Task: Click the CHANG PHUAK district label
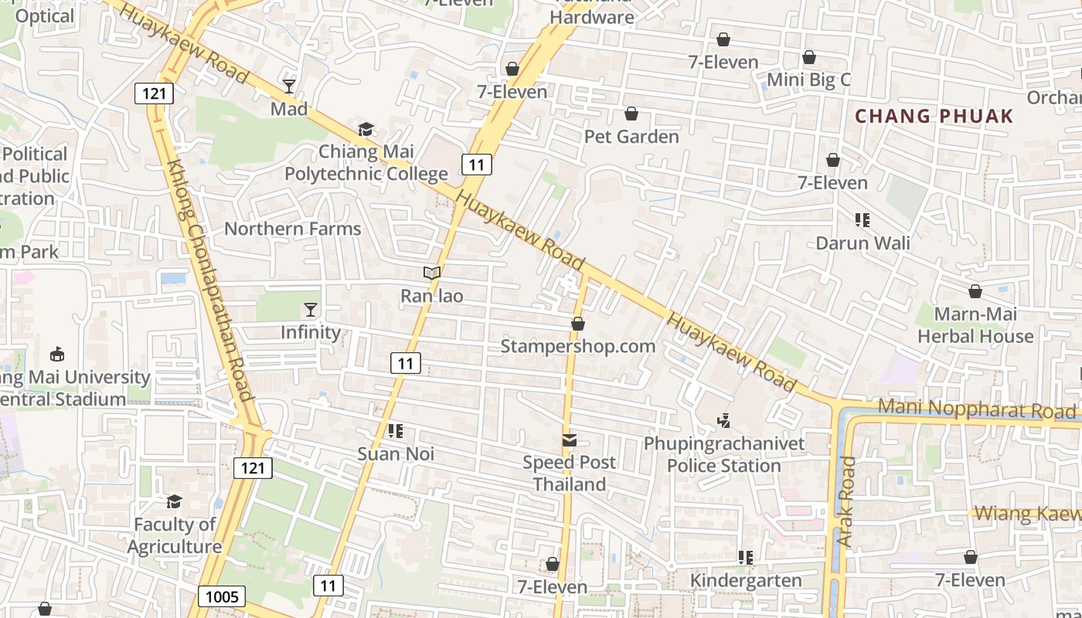tap(934, 117)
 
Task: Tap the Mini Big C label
tap(808, 80)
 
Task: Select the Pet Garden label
tap(631, 137)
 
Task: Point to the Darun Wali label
tap(863, 243)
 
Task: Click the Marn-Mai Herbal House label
tap(975, 325)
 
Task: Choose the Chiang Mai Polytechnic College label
tap(366, 162)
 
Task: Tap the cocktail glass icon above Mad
tap(289, 86)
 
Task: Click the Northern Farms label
tap(292, 229)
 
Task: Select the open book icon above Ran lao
tap(432, 273)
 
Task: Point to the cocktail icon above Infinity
tap(311, 310)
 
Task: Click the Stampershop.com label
tap(577, 346)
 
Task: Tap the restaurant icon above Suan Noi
tap(396, 431)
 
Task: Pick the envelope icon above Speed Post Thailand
tap(570, 440)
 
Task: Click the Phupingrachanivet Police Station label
tap(724, 455)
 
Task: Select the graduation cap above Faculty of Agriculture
tap(175, 502)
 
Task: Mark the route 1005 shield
tap(222, 596)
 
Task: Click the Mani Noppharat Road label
tap(977, 409)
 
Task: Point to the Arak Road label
tap(848, 502)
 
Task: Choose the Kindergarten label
tap(746, 580)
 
